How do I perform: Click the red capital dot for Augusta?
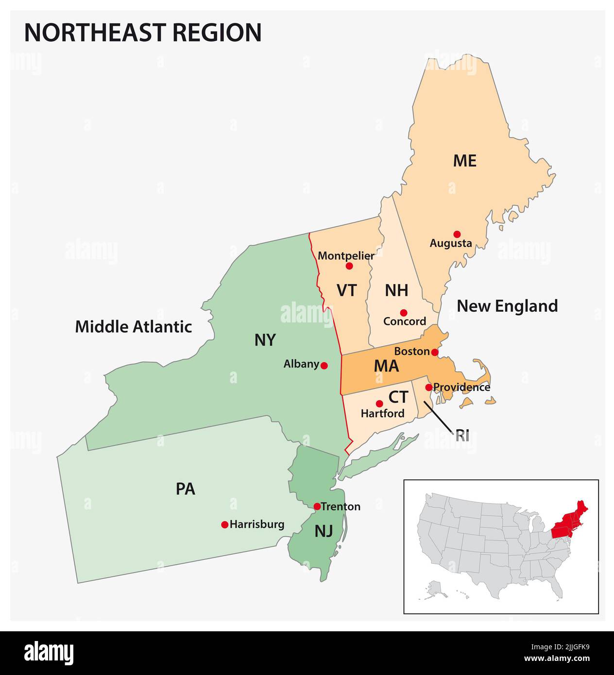457,234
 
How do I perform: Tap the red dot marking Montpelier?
349,266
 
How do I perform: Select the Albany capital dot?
324,365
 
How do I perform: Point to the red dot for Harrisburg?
224,524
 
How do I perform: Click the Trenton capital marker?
317,506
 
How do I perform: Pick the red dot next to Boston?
435,352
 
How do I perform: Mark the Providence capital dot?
428,387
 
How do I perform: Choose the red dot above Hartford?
379,404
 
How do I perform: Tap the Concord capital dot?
403,312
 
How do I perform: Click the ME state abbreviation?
464,161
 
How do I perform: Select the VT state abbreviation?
347,290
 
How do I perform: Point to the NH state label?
396,290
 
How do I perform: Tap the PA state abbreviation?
186,489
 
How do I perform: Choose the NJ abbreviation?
324,531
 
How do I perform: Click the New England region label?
507,306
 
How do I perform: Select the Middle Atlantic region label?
134,326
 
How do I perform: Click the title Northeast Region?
143,33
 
